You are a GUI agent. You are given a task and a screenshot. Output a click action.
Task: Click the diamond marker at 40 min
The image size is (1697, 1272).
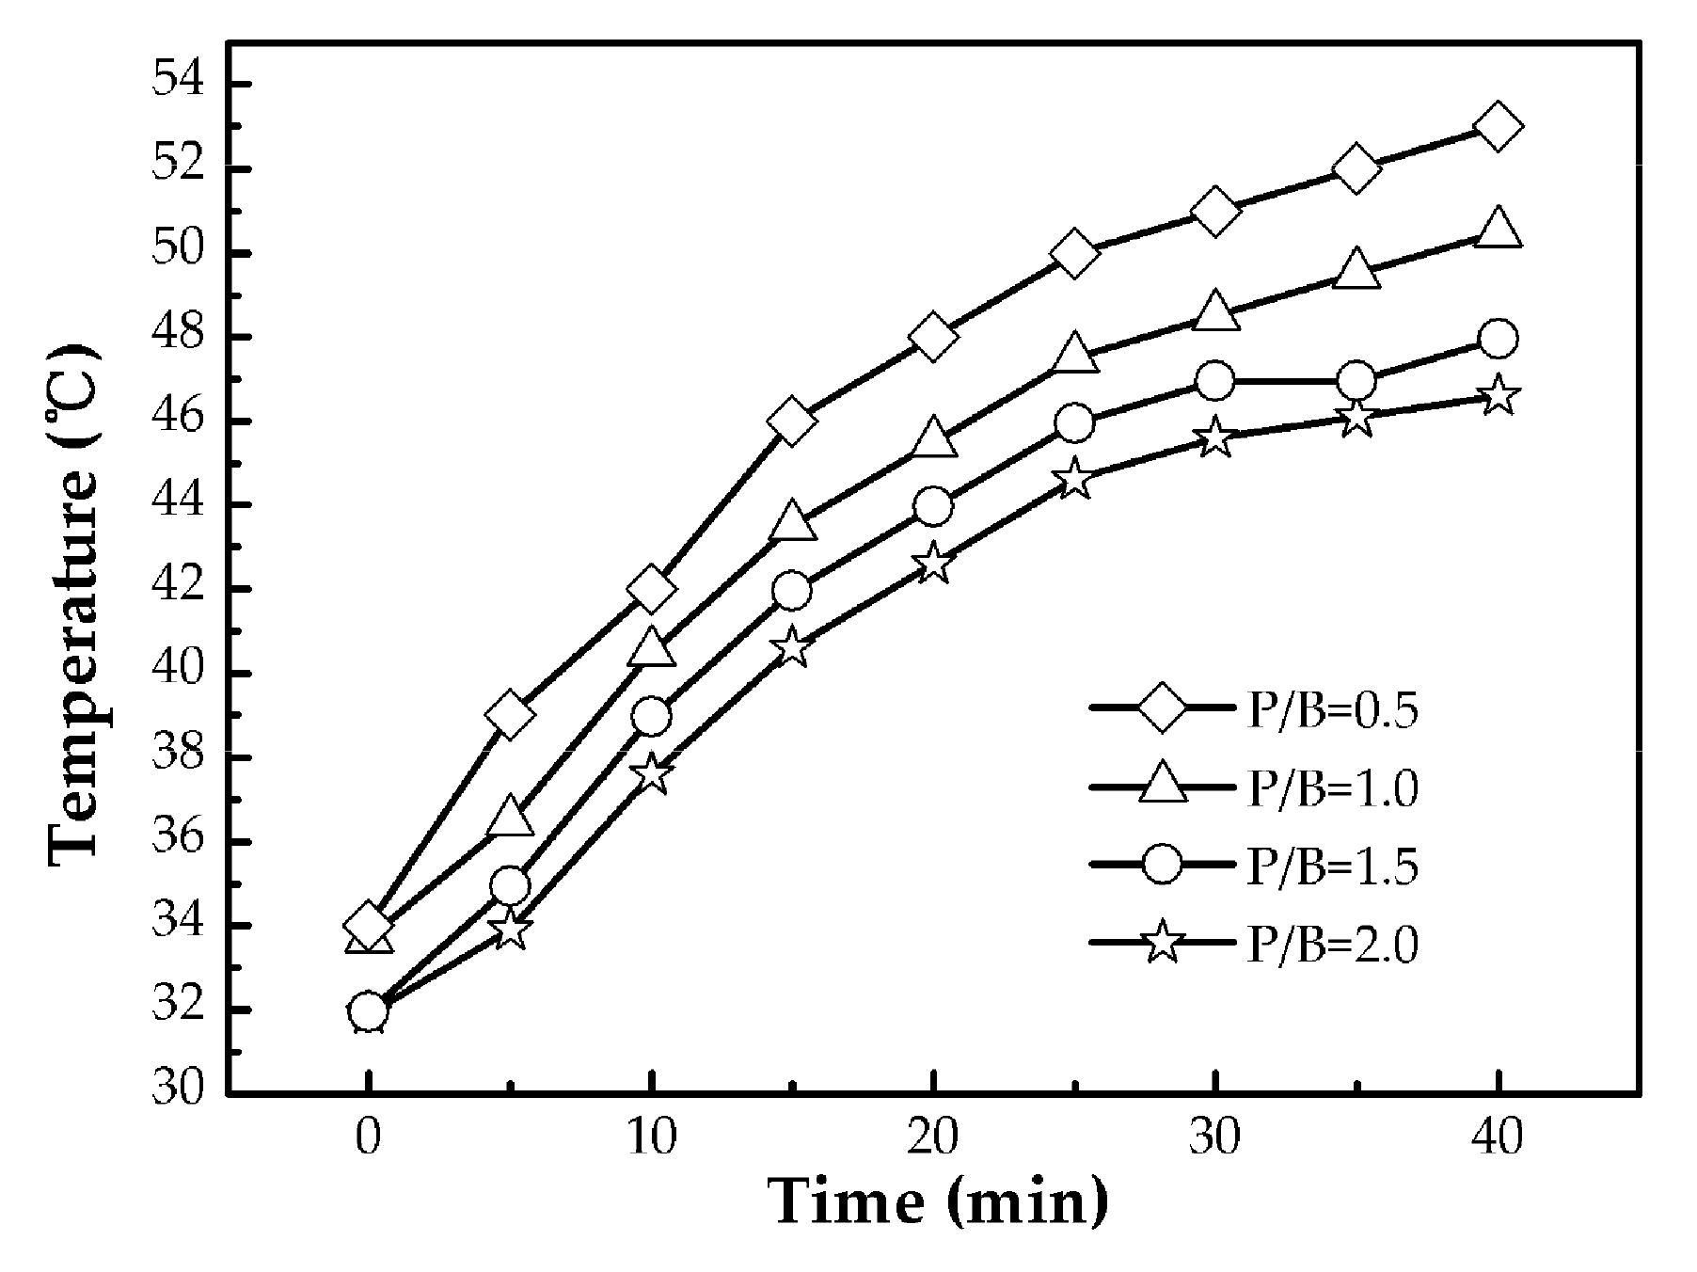[1498, 127]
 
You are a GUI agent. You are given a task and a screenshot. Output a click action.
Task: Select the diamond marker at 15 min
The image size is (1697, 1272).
[791, 421]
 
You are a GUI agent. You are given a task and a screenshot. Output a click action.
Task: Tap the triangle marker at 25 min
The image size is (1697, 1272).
[1074, 354]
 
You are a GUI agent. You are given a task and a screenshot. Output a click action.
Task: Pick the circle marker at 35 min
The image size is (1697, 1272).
[1356, 381]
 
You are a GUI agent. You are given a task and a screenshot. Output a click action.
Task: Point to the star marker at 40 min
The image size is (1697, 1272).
[1498, 396]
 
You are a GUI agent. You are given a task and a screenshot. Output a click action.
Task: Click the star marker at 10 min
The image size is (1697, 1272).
[651, 774]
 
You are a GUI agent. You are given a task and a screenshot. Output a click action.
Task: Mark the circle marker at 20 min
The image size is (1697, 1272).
[932, 506]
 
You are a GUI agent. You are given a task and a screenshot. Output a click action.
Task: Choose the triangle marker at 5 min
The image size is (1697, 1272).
[510, 817]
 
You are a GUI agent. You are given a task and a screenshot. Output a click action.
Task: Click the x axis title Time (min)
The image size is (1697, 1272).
[938, 1201]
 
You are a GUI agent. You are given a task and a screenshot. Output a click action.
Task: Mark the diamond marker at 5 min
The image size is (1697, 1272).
[510, 715]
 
